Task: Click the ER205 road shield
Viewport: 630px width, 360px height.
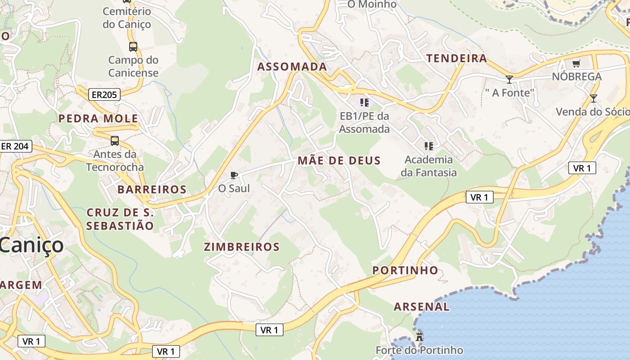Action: tap(104, 94)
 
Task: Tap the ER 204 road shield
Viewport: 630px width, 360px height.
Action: tap(15, 146)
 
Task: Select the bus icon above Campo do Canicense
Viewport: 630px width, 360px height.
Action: tap(133, 46)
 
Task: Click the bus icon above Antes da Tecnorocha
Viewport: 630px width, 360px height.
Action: tap(115, 141)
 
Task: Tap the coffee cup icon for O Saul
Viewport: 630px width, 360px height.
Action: tap(234, 175)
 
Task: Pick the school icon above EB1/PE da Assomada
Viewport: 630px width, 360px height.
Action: tap(364, 102)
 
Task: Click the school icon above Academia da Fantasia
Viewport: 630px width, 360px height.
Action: tap(428, 146)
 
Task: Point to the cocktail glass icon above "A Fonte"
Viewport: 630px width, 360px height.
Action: tap(509, 80)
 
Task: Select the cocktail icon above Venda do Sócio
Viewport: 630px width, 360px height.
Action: tap(593, 98)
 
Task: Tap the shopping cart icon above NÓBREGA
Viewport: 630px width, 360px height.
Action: tap(576, 63)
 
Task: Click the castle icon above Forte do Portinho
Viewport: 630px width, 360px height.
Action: tap(419, 336)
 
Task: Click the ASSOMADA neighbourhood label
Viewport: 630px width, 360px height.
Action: tap(292, 67)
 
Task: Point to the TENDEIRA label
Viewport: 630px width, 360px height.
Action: tap(457, 58)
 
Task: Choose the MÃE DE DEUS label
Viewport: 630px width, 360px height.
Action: tap(339, 161)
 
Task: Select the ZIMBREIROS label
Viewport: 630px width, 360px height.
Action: tap(242, 247)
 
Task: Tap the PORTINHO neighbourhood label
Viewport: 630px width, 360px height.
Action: tap(405, 270)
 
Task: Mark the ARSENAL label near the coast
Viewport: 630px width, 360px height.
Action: tap(421, 307)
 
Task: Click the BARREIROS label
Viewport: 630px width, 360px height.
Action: tap(152, 189)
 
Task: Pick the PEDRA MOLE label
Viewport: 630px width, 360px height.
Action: tap(98, 119)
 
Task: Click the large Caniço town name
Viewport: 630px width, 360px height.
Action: tap(31, 245)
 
